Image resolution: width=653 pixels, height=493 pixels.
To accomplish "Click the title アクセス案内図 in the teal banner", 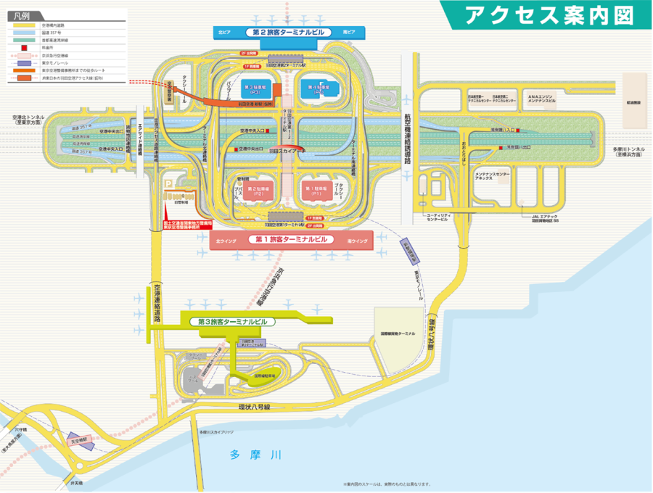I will click(548, 14).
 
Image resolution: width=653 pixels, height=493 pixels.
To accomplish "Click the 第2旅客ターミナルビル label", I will click(288, 33).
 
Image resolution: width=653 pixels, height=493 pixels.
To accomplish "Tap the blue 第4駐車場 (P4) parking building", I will click(317, 88).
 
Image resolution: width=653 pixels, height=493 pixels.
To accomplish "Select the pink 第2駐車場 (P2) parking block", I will click(258, 192).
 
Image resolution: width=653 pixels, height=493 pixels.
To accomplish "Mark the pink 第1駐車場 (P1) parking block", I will click(317, 192).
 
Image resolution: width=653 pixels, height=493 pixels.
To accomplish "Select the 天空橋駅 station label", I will click(82, 439).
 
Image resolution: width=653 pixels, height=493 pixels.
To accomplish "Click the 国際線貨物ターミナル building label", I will click(395, 333).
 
